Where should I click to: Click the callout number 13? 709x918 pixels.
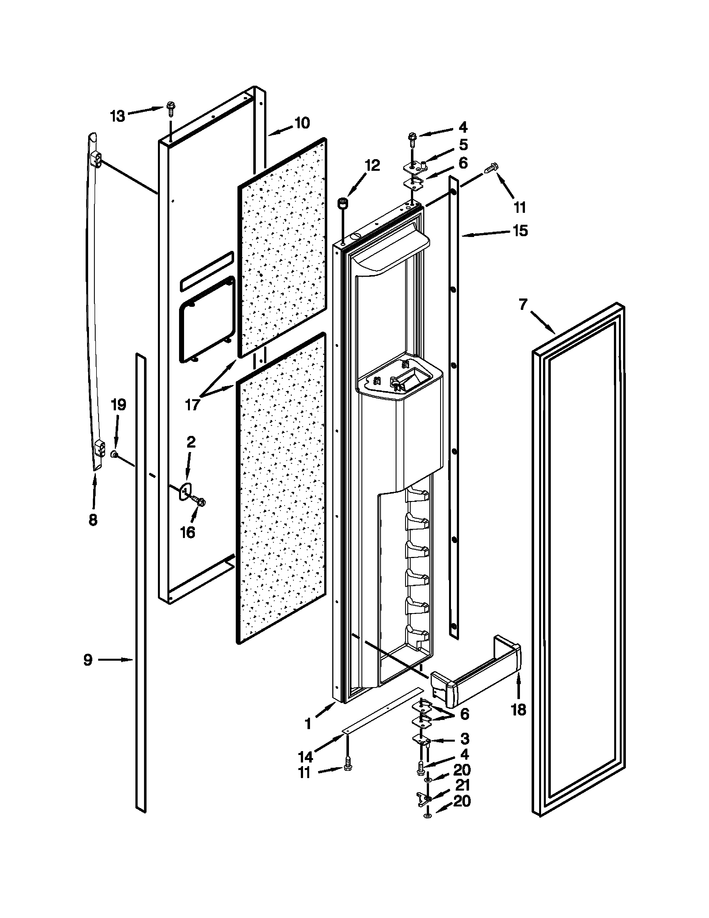(118, 116)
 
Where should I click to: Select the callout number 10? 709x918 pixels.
(302, 123)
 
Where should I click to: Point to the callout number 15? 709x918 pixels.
(520, 231)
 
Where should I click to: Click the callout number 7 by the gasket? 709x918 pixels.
(522, 304)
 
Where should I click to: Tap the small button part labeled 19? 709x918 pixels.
(114, 454)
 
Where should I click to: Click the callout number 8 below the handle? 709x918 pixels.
(93, 520)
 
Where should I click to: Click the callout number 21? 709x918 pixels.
(462, 785)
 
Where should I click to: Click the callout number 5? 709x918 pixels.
(463, 145)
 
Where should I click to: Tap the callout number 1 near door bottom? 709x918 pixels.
(308, 724)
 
